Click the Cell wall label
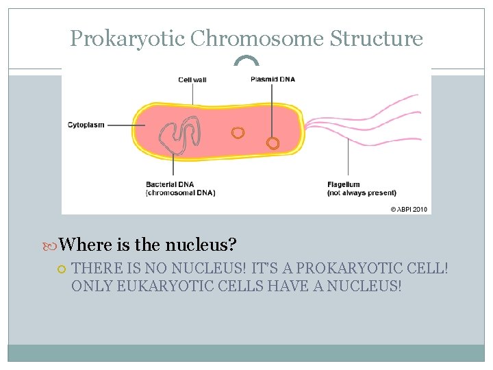[x=192, y=79]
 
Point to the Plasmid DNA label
[x=273, y=79]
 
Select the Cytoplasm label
[x=86, y=125]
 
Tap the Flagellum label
[x=344, y=184]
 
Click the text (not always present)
[x=362, y=193]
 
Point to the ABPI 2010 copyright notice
[x=409, y=209]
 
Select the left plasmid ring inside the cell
[x=238, y=132]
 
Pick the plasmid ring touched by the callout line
[x=273, y=143]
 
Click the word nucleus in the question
[x=207, y=245]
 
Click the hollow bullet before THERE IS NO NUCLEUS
[x=62, y=269]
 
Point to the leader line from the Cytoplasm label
[x=126, y=125]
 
